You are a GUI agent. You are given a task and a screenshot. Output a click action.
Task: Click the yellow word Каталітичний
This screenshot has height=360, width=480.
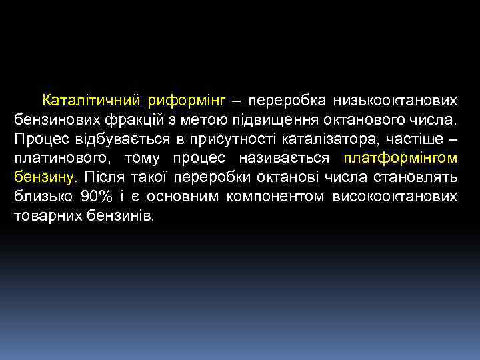91,101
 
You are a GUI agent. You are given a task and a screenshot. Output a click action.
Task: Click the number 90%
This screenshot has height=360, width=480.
97,197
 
